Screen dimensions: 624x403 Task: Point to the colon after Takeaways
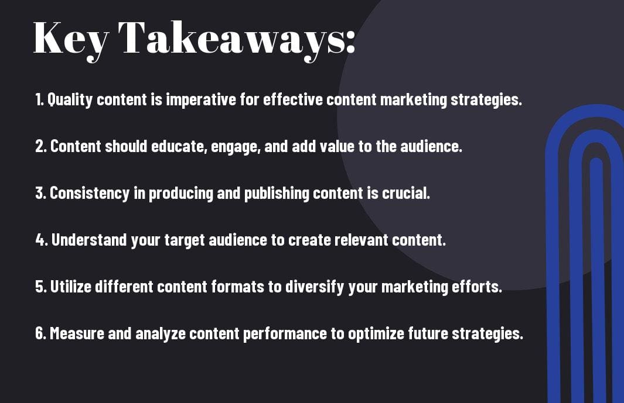coord(350,42)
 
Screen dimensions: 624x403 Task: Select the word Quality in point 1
coord(70,99)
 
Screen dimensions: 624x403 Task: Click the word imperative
coord(201,99)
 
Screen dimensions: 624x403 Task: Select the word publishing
coord(277,194)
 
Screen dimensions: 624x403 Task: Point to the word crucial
coord(406,193)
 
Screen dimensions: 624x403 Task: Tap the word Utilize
coord(71,287)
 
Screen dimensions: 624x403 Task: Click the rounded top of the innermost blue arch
coord(596,160)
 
